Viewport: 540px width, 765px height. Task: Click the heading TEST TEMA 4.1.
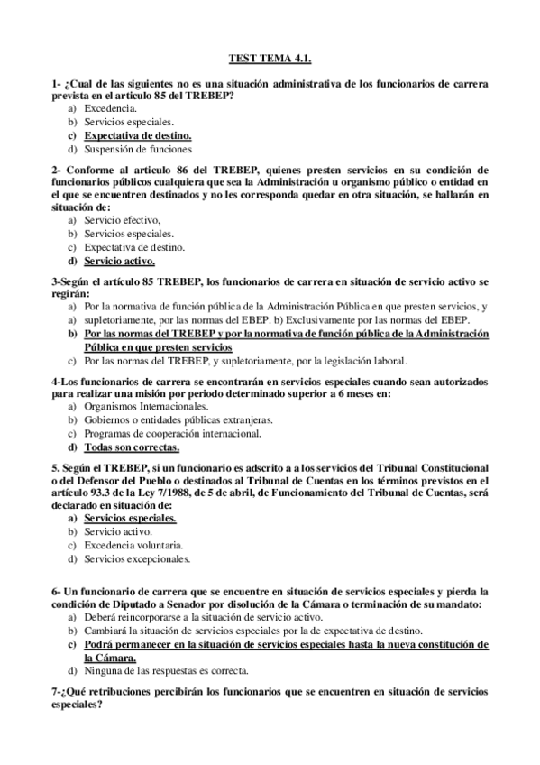[x=270, y=58]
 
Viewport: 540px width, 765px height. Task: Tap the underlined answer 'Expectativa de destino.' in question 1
[x=138, y=134]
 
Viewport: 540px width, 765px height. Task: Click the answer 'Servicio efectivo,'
[x=123, y=219]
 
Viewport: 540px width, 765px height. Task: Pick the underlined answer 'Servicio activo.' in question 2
[x=120, y=262]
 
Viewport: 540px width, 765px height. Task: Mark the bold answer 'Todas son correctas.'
[x=132, y=447]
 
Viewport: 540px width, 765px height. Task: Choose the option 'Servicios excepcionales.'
[x=137, y=559]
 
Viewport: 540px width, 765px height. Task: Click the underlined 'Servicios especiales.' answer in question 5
[x=130, y=519]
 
